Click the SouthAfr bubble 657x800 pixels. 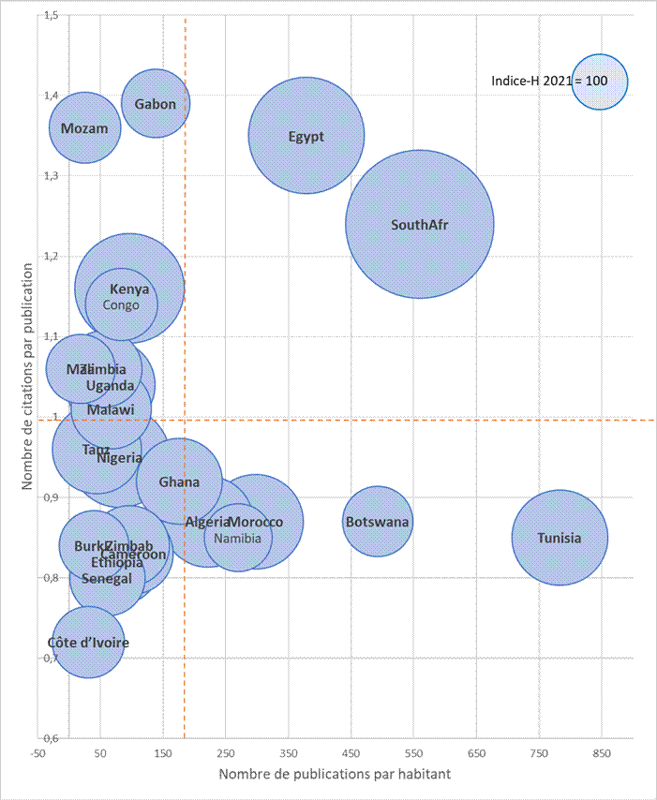tap(419, 224)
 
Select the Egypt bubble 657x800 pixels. tap(306, 136)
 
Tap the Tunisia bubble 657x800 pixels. tap(560, 538)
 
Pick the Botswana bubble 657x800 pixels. tap(377, 521)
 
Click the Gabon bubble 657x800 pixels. tap(156, 103)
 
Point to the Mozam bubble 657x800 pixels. tap(84, 127)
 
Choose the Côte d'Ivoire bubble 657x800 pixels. tap(88, 643)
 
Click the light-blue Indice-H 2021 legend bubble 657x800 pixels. tap(599, 81)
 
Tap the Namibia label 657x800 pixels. tap(238, 539)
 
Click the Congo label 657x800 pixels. tap(121, 304)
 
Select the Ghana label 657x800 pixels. tap(179, 481)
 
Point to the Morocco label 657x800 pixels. tap(256, 521)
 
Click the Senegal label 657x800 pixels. tap(107, 578)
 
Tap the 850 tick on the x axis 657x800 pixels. tap(601, 752)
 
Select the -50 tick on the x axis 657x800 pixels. tap(38, 752)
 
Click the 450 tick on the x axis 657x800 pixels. tap(351, 752)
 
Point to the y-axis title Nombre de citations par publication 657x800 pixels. tap(28, 376)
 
